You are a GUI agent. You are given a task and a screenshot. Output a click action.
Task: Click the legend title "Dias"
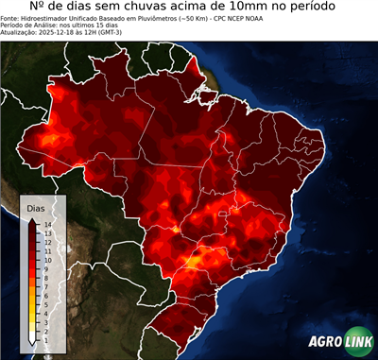pyautogui.click(x=36, y=207)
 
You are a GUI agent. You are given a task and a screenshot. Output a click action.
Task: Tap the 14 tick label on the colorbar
pyautogui.click(x=47, y=224)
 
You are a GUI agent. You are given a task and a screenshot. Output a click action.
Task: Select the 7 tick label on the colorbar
pyautogui.click(x=45, y=281)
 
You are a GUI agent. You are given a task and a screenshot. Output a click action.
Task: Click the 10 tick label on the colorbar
pyautogui.click(x=47, y=256)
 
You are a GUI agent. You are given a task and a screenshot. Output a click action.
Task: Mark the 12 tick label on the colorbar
pyautogui.click(x=47, y=240)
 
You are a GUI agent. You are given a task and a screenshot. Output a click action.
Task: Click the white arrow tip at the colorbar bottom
pyautogui.click(x=32, y=337)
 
